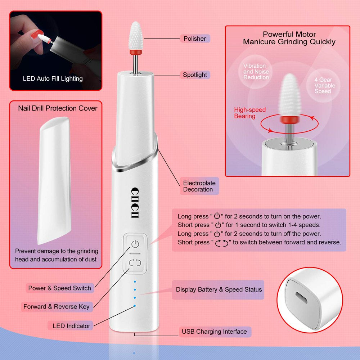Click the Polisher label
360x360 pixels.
tap(194, 39)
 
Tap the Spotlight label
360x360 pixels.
tap(195, 75)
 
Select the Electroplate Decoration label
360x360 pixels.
tap(198, 186)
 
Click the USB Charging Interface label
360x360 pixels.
tap(214, 332)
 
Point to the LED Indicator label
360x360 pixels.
tap(71, 326)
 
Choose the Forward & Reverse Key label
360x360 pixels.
tap(56, 307)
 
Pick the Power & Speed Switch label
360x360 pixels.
tap(60, 288)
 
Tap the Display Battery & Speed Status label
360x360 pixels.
tap(219, 289)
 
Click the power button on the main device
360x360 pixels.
tap(135, 244)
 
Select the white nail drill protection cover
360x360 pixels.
tap(54, 180)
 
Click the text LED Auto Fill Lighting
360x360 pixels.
tap(53, 78)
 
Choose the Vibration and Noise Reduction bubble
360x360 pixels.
tap(256, 72)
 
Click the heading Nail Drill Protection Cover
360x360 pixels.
tap(58, 108)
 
